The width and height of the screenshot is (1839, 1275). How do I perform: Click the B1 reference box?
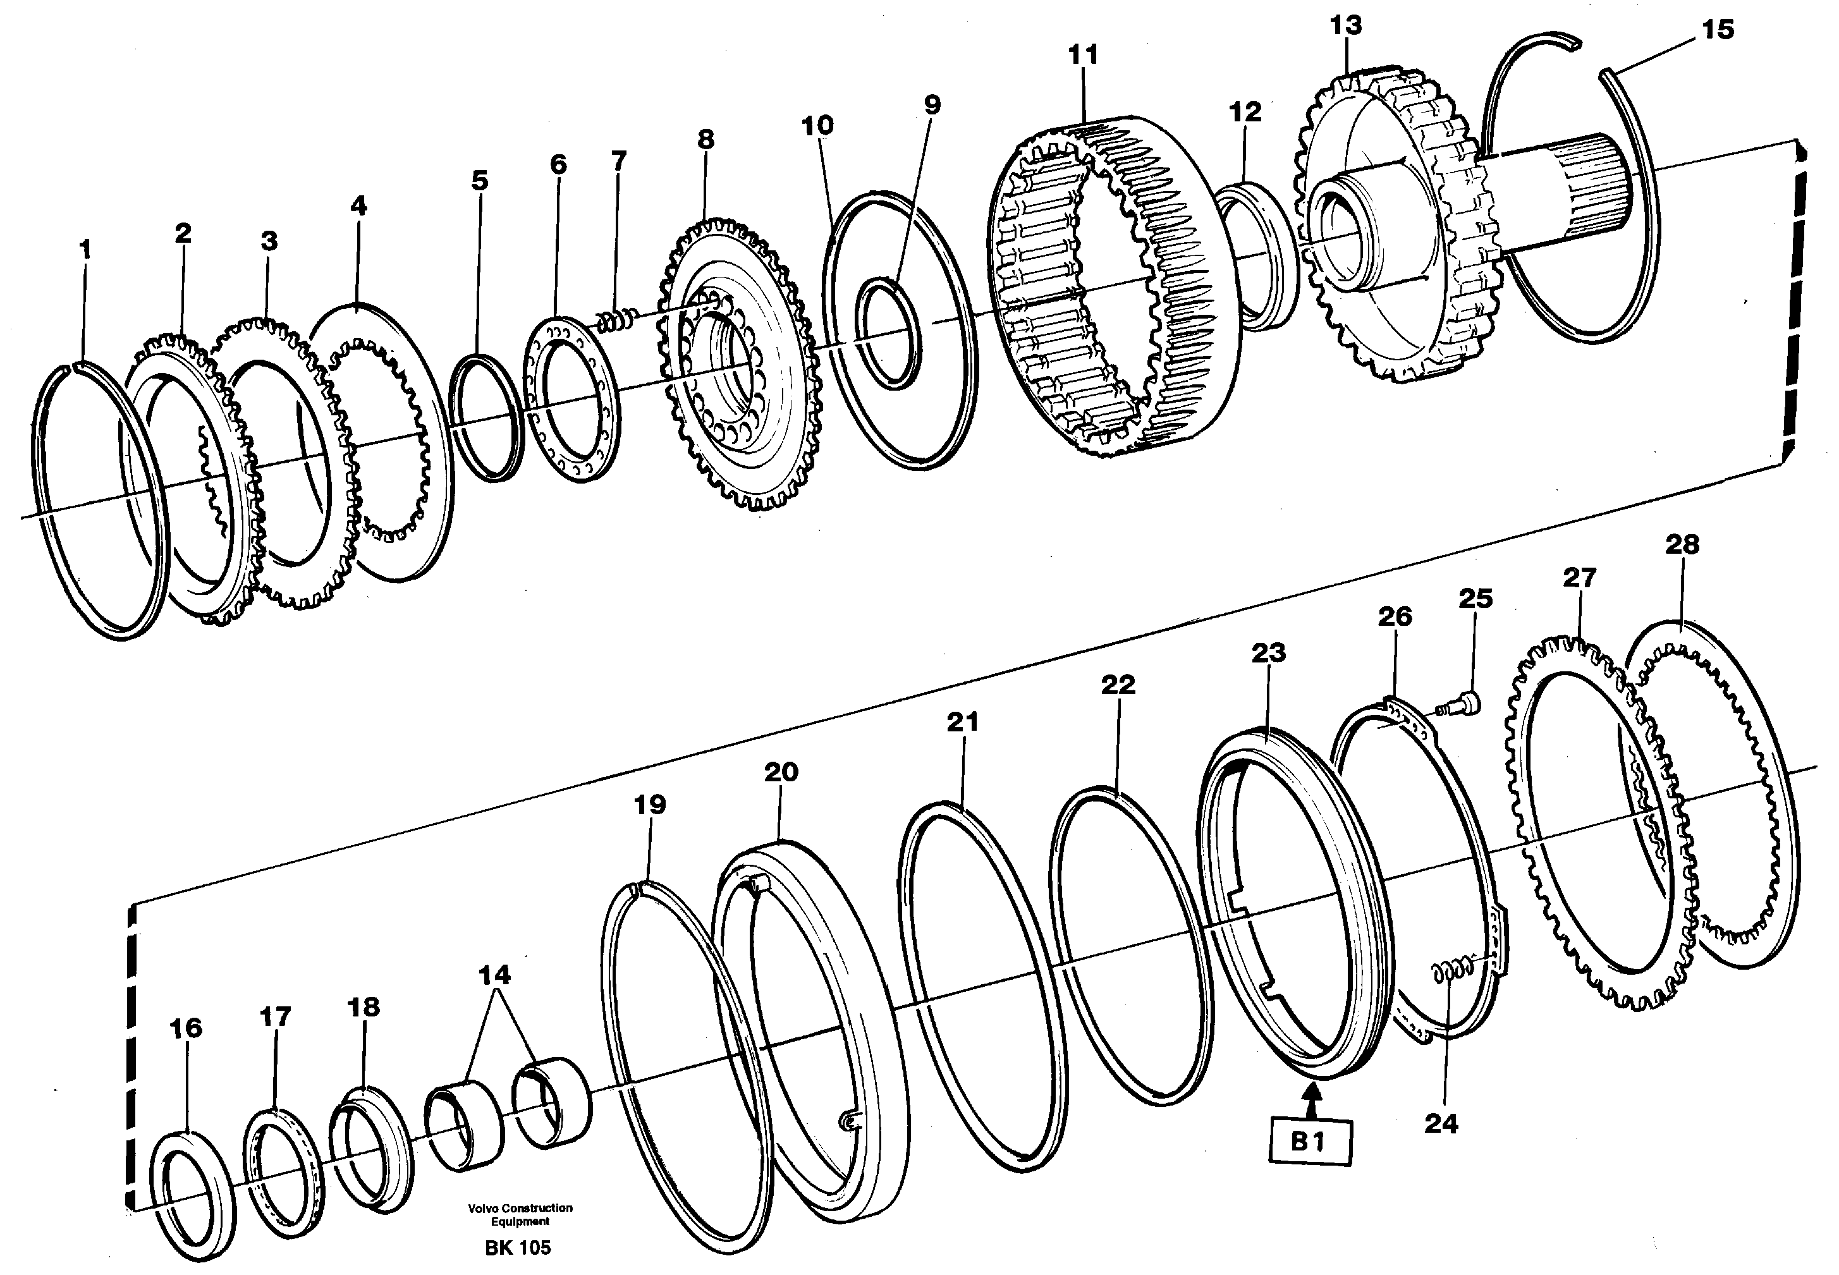(1309, 1143)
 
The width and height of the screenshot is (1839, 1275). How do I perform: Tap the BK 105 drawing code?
(518, 1248)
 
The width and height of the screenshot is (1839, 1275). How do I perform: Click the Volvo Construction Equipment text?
(520, 1214)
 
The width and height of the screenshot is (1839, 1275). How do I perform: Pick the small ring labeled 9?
(888, 333)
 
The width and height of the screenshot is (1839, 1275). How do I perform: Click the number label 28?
(1682, 545)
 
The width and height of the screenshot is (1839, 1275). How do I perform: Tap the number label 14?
(494, 975)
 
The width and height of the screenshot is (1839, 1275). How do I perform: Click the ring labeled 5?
(484, 418)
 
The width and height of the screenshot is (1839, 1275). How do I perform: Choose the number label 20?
(781, 772)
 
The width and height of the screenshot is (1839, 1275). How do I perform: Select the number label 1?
(85, 250)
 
